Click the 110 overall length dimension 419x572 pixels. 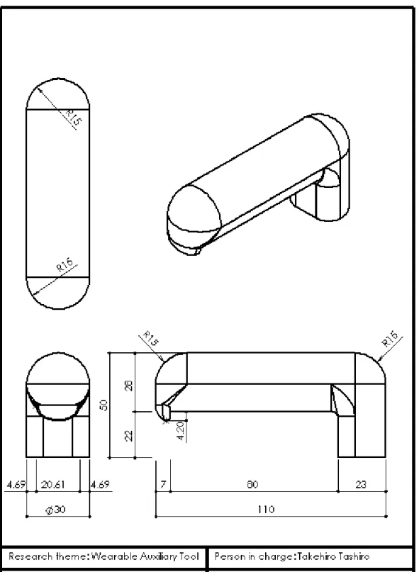(266, 509)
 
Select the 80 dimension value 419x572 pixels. (252, 484)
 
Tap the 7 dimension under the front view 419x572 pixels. (163, 484)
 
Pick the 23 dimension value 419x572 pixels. (361, 484)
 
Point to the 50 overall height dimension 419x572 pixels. (105, 405)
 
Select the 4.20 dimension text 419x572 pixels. (181, 431)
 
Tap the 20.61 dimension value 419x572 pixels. (53, 484)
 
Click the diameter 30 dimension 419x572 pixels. (56, 510)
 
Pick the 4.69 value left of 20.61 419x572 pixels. (16, 484)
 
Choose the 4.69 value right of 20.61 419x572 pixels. (100, 484)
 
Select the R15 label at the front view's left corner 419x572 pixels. (151, 338)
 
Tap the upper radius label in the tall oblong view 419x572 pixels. (72, 117)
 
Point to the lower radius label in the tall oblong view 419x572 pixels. (65, 264)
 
